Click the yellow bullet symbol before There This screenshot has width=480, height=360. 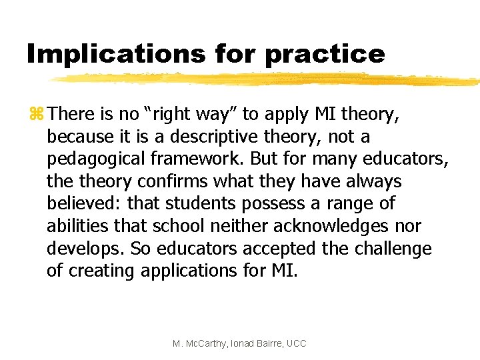[35, 114]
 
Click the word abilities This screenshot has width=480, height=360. [73, 226]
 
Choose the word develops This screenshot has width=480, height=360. [85, 249]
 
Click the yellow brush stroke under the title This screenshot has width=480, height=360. [267, 79]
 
